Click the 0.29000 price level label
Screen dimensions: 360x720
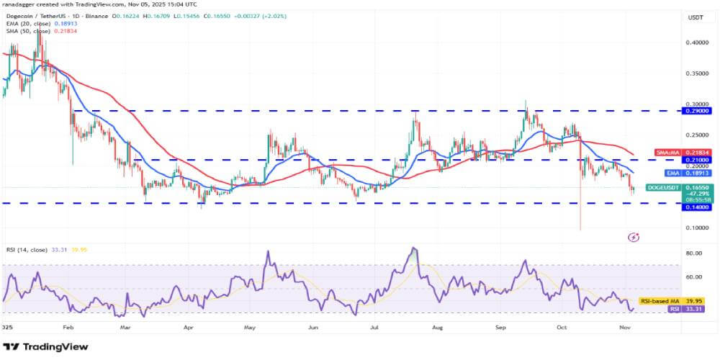[695, 111]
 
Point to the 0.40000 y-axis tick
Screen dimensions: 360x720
[695, 42]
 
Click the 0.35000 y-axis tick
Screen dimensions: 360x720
[695, 73]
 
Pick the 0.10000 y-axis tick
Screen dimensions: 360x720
[695, 228]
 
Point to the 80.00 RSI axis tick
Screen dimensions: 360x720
[694, 253]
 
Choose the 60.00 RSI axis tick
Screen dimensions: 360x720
[694, 276]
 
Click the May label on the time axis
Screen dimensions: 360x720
[251, 326]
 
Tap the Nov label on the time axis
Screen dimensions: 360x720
[625, 326]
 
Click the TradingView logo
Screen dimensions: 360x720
[47, 346]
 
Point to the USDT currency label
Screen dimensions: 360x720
[696, 17]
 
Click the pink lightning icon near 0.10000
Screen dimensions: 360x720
[634, 236]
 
